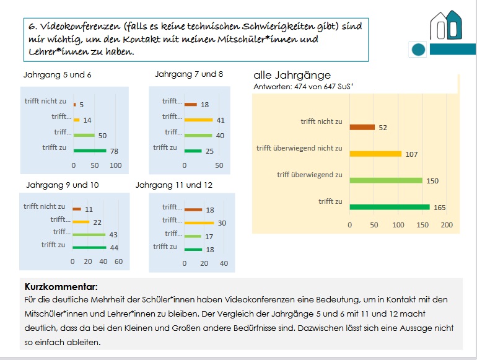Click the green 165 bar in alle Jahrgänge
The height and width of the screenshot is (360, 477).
(x=390, y=207)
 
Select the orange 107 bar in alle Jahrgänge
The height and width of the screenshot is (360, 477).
(x=375, y=154)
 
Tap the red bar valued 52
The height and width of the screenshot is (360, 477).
(x=362, y=127)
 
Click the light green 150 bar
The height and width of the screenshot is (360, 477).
(x=385, y=180)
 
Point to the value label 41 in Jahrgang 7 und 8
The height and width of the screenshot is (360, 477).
(x=221, y=120)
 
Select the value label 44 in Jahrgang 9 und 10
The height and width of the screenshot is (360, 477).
(x=114, y=247)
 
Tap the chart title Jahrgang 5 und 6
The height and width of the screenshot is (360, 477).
(x=57, y=74)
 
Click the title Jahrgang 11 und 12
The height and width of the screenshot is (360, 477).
(x=174, y=185)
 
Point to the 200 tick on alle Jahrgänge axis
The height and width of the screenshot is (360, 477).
(x=447, y=225)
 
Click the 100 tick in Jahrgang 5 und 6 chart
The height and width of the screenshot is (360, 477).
(x=115, y=165)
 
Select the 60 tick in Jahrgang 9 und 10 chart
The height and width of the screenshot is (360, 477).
(x=118, y=261)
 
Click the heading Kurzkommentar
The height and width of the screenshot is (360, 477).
(x=61, y=288)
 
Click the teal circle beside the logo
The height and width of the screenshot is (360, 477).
(x=419, y=49)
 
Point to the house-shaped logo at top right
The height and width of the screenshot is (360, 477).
(x=446, y=26)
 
